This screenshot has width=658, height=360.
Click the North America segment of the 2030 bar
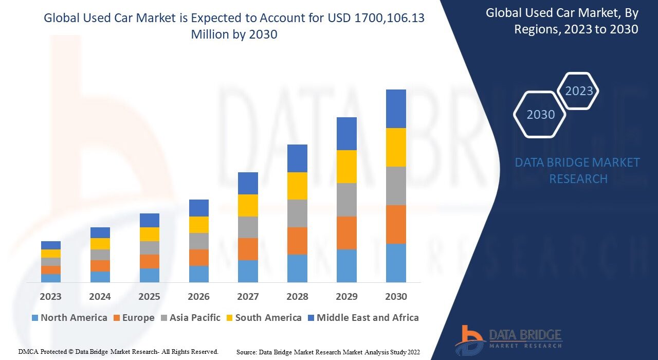396,263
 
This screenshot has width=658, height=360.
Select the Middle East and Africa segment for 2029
346,134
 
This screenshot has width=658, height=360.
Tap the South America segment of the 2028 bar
297,186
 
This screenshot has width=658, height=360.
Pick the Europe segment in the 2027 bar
248,249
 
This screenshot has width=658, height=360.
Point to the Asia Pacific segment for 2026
199,241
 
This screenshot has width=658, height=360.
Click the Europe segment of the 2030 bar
396,224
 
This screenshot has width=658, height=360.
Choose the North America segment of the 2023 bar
51,278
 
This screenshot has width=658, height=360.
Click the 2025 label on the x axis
149,297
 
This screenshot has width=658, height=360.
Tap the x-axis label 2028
297,297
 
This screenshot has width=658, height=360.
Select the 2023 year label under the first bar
51,297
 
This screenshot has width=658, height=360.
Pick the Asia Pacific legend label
195,318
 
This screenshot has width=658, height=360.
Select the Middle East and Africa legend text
368,318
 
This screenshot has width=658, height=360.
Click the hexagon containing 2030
540,114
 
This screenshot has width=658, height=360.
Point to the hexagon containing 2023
579,91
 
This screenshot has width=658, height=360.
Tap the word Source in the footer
246,352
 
